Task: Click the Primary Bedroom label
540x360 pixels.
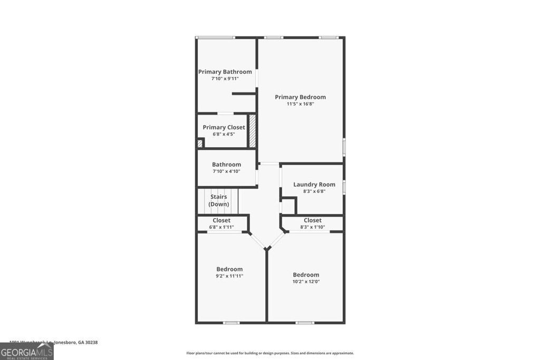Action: (x=300, y=97)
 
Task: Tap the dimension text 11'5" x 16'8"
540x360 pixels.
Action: (x=300, y=104)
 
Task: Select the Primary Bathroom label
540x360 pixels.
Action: (x=225, y=72)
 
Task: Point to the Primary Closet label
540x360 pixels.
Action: (x=224, y=127)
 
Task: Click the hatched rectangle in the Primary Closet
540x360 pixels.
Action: (x=253, y=131)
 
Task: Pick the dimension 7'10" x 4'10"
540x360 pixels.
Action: (x=226, y=171)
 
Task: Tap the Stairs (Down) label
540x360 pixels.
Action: (x=218, y=200)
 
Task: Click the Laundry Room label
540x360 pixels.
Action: (x=314, y=184)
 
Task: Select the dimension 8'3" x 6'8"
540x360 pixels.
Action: (x=314, y=191)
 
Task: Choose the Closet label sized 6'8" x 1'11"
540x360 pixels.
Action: (x=221, y=220)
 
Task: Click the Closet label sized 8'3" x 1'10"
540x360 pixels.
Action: (x=312, y=220)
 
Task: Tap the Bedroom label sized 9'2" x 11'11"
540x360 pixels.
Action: (x=229, y=269)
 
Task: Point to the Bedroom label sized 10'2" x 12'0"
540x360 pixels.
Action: (x=306, y=275)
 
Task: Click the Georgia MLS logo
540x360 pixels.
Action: (x=26, y=351)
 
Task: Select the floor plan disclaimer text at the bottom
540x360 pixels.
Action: (x=270, y=353)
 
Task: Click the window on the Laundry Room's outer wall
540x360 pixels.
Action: (x=344, y=187)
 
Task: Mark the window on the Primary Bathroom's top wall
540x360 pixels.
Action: (x=215, y=37)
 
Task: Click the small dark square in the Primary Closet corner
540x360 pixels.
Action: (x=200, y=143)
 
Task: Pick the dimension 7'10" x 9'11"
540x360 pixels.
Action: (x=225, y=79)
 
